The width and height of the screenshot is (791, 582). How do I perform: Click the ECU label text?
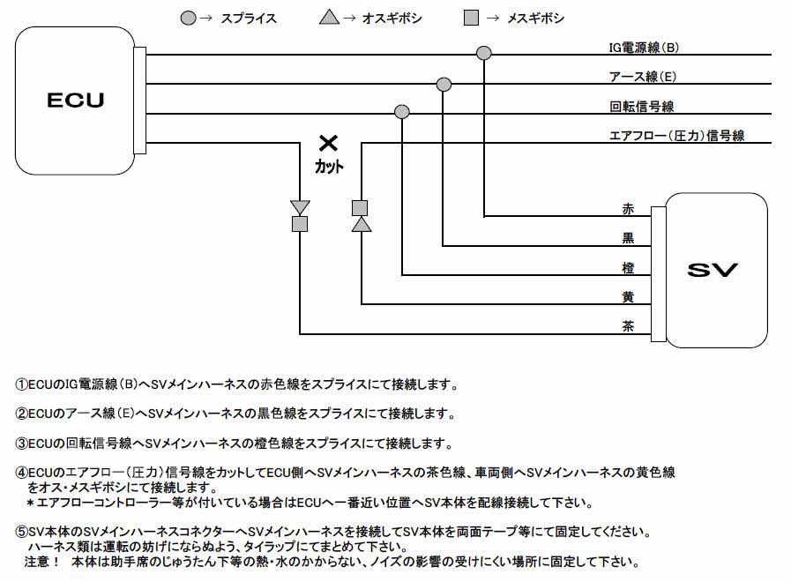(x=76, y=100)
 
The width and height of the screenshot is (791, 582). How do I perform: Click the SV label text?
(x=713, y=270)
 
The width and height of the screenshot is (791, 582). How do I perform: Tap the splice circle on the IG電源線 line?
(x=484, y=53)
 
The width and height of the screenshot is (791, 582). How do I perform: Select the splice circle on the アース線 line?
(x=444, y=85)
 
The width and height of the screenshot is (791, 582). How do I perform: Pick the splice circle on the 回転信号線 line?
(x=401, y=111)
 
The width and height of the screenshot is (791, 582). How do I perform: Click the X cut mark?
(x=328, y=143)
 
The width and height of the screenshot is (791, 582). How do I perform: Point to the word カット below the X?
(x=329, y=166)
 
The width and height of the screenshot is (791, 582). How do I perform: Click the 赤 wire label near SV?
(x=628, y=209)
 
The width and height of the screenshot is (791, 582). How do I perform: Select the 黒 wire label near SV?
(x=628, y=238)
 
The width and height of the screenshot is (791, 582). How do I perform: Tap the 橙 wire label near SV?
(x=628, y=267)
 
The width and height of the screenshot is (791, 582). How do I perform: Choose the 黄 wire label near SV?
(x=628, y=296)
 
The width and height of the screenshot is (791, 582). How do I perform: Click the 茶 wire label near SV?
(x=628, y=325)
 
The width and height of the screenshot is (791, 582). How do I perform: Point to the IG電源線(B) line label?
(x=644, y=48)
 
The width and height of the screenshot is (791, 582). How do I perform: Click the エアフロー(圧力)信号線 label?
(x=676, y=135)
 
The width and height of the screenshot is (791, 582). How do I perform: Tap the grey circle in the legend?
(x=188, y=19)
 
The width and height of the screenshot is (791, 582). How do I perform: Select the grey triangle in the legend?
(x=329, y=19)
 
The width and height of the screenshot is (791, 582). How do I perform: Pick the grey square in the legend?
(x=471, y=19)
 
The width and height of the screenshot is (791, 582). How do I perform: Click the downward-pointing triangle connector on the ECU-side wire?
(x=300, y=207)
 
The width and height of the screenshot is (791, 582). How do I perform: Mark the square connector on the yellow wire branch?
(x=360, y=208)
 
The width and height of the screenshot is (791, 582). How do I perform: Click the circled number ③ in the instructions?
(x=21, y=444)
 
